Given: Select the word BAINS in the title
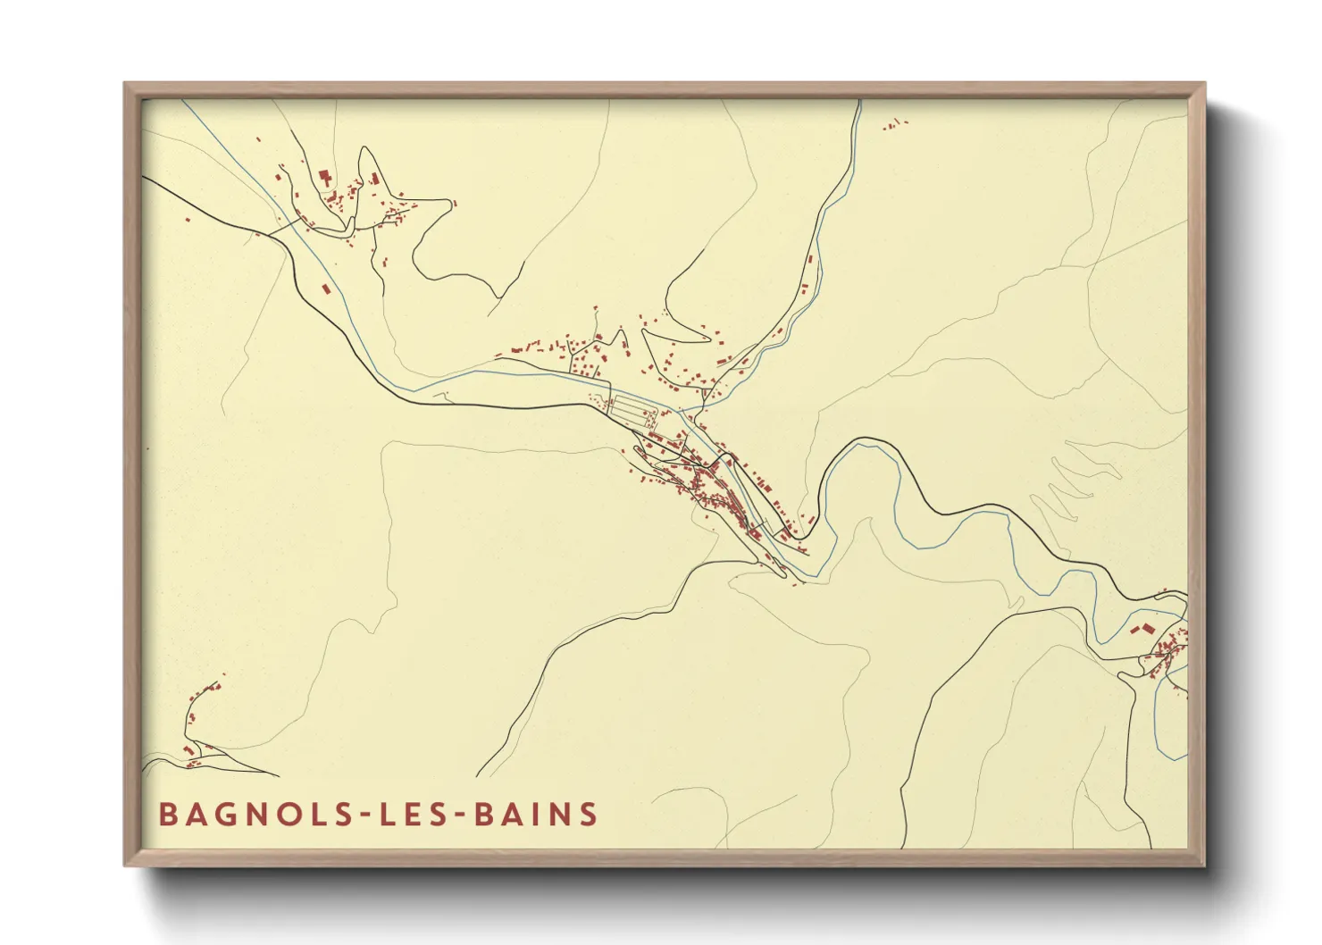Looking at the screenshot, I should point(536,815).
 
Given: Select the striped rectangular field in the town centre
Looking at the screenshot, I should point(632,409).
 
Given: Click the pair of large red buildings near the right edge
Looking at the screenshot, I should point(1142,629).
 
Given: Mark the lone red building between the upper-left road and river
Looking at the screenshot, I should point(326,289).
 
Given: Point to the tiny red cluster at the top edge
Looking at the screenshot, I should point(895,125).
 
